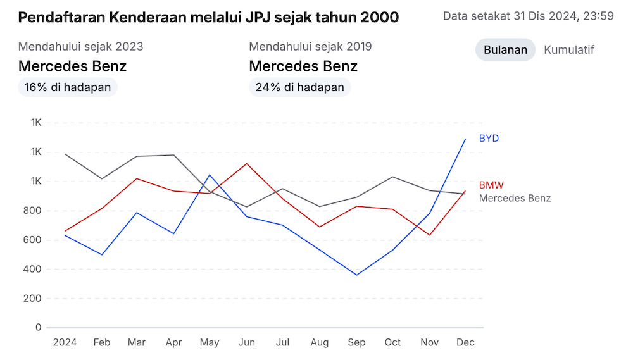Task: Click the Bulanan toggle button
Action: [505, 50]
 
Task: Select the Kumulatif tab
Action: [569, 50]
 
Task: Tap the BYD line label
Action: [489, 138]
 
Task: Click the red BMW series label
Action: [491, 185]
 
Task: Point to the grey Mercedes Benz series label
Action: [515, 198]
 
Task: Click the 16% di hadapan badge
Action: [68, 87]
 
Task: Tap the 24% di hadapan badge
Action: [299, 87]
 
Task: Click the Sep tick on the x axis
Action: [356, 342]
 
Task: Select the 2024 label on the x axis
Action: [65, 342]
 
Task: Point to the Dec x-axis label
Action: [465, 342]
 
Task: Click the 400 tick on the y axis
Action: [33, 269]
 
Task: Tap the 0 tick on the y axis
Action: [38, 328]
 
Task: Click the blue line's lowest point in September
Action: [356, 275]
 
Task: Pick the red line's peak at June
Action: [247, 163]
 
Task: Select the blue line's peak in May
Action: [210, 175]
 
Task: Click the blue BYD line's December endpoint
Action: [466, 139]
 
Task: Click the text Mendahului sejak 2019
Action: [310, 46]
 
